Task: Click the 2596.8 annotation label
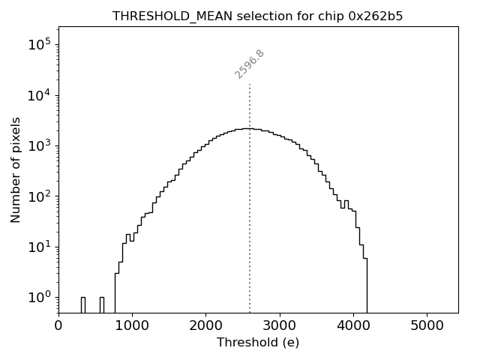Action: tap(250, 64)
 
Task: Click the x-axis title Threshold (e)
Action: tap(258, 343)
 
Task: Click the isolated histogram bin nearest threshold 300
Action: tap(82, 304)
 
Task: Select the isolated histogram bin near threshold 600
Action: tap(101, 304)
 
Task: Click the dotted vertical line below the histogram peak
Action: tap(250, 225)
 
